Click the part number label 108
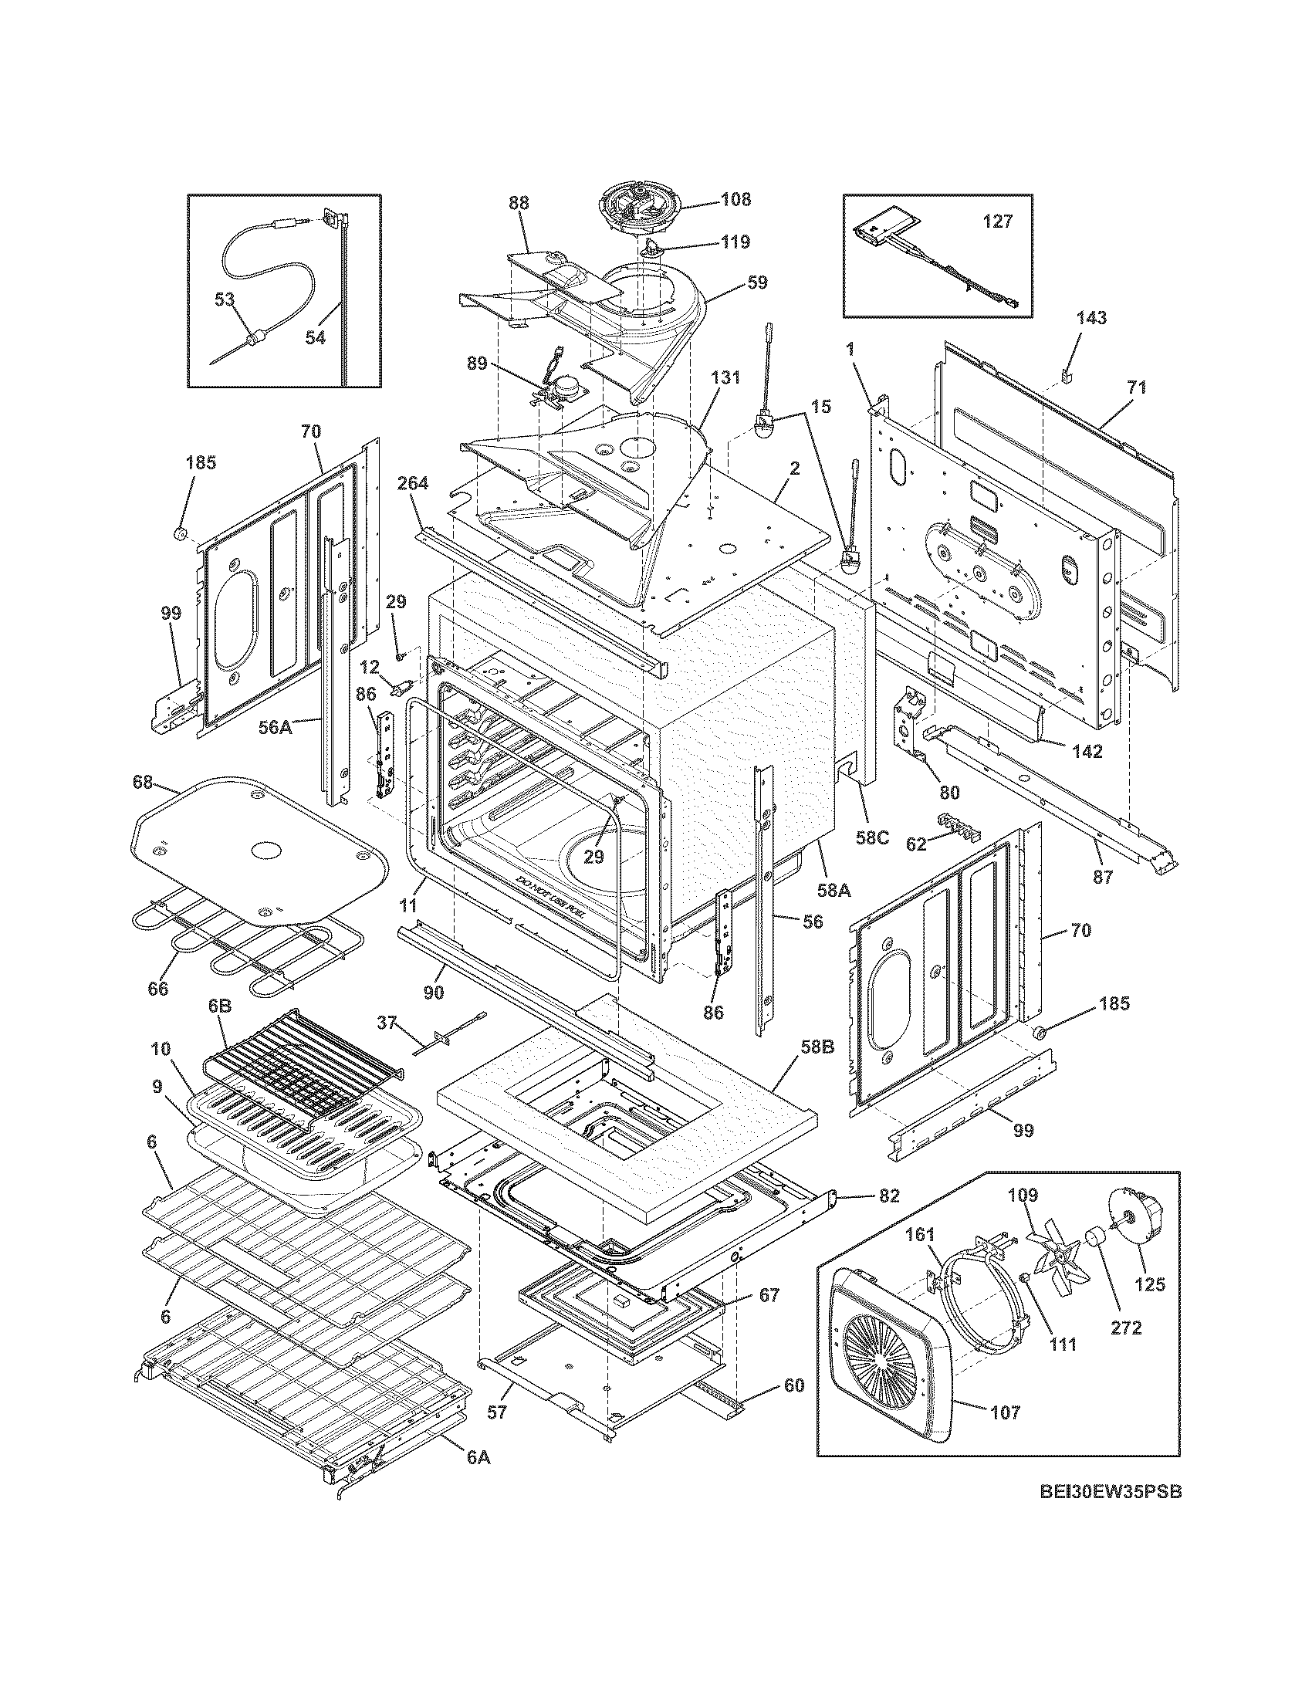pyautogui.click(x=735, y=199)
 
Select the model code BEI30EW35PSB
pyautogui.click(x=1111, y=1514)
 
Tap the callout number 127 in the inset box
pyautogui.click(x=997, y=222)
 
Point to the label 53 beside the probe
pyautogui.click(x=225, y=299)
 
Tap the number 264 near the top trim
pyautogui.click(x=413, y=483)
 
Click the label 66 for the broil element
pyautogui.click(x=157, y=989)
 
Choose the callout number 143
pyautogui.click(x=1091, y=318)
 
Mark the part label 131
pyautogui.click(x=725, y=378)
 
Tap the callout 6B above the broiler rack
pyautogui.click(x=220, y=1005)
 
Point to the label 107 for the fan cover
pyautogui.click(x=1006, y=1412)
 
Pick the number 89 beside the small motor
pyautogui.click(x=477, y=363)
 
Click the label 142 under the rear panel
pyautogui.click(x=1087, y=751)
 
